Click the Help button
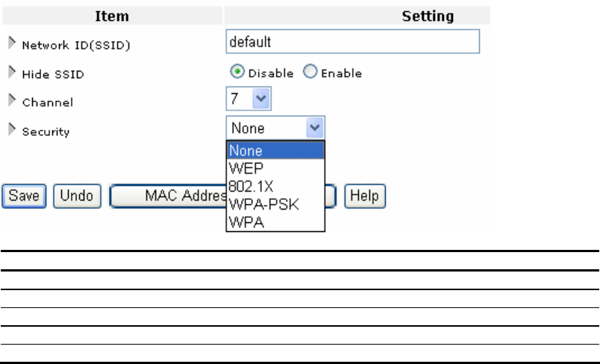click(365, 195)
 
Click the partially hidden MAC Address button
click(168, 195)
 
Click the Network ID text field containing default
click(352, 42)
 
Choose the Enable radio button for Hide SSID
click(310, 72)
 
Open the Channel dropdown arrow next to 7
click(261, 98)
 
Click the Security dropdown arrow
click(316, 128)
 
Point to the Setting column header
click(428, 16)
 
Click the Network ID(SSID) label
click(75, 45)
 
